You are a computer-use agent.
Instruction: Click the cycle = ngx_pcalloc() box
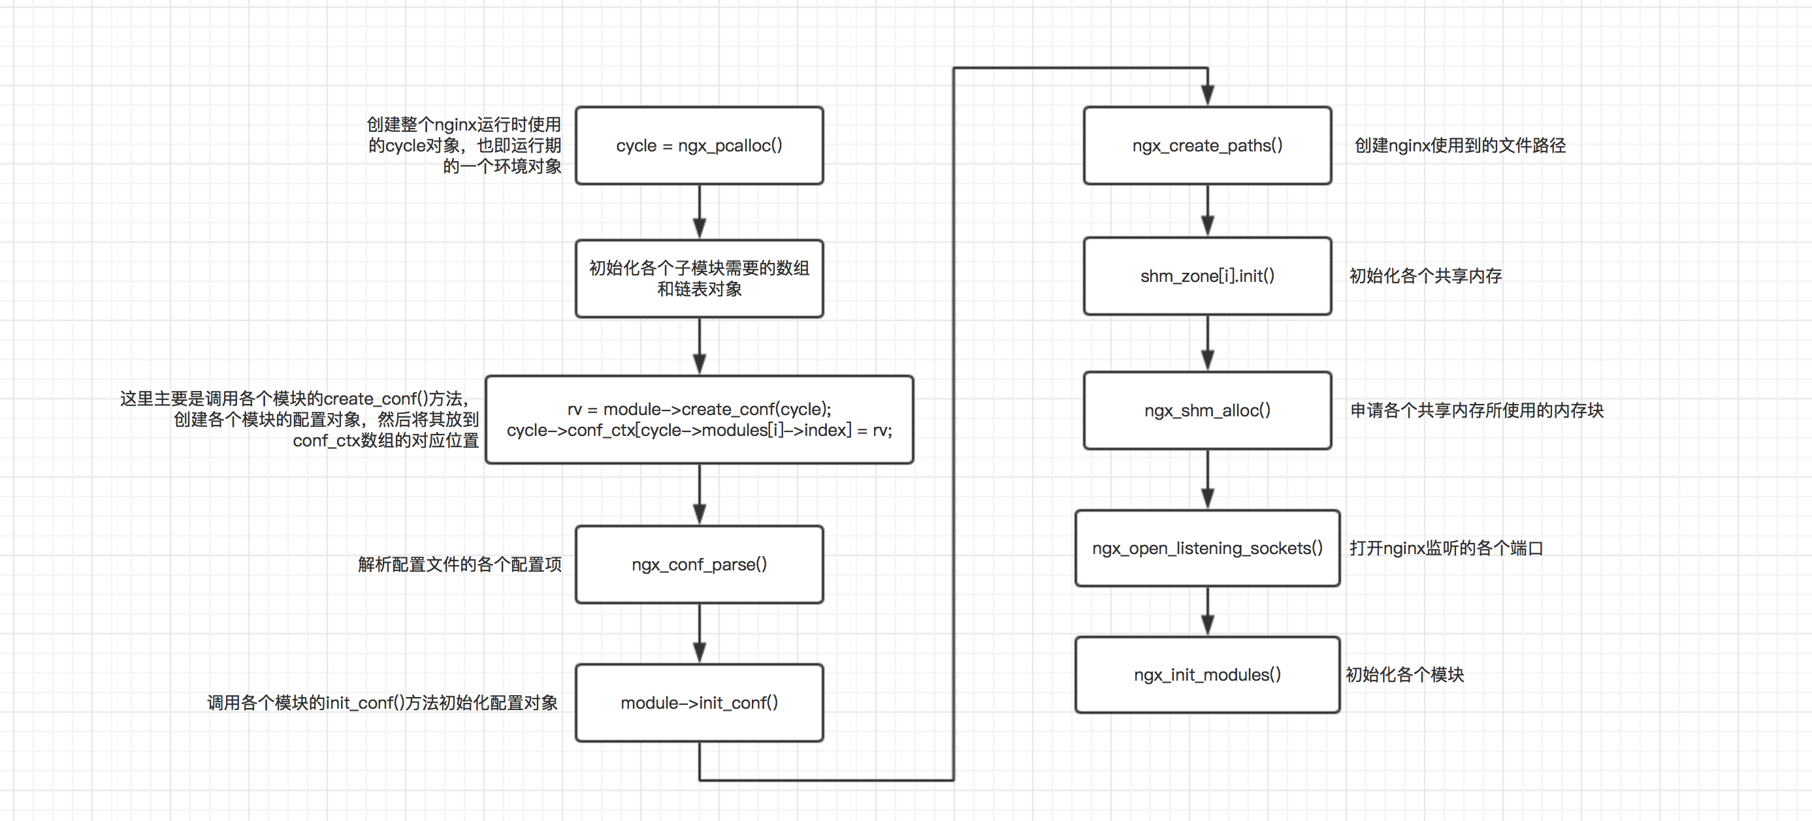click(699, 146)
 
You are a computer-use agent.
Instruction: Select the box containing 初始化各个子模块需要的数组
click(699, 279)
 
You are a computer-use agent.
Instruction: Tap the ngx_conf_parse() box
click(699, 565)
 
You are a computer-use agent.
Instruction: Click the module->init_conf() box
click(699, 703)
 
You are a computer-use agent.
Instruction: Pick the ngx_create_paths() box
click(1207, 146)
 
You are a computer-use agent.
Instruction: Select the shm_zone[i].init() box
click(1207, 276)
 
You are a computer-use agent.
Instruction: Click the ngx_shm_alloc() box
click(1207, 410)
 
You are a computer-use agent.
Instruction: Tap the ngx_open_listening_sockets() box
click(1207, 548)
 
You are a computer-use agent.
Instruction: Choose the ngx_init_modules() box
click(1207, 675)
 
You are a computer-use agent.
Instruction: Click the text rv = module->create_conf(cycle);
click(699, 409)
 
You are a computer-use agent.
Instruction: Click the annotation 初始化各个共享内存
click(1425, 276)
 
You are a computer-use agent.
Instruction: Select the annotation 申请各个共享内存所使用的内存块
click(1476, 410)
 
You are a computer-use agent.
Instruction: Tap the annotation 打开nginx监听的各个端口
click(1446, 548)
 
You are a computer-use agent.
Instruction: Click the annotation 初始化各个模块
click(1404, 675)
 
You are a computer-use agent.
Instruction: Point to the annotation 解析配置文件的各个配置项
click(459, 565)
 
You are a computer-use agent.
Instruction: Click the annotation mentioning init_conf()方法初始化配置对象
click(382, 703)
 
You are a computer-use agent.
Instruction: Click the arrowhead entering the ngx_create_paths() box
click(1207, 95)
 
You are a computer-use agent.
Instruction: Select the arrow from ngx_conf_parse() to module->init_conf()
click(699, 632)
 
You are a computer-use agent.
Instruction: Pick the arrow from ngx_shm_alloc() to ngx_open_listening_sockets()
click(1207, 480)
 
